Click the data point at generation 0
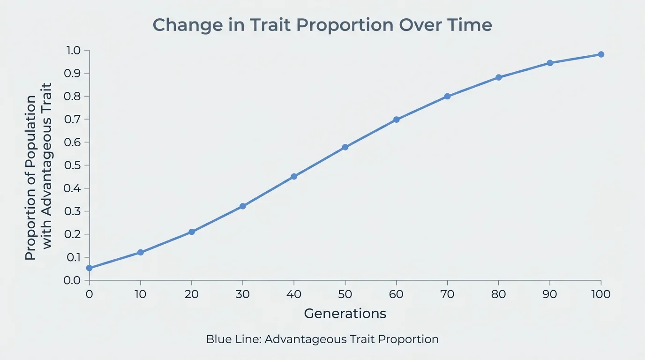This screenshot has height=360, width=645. tap(89, 268)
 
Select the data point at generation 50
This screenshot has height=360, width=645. tap(345, 147)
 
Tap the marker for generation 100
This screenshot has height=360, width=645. tap(601, 54)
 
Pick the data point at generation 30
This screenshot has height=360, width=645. tap(243, 206)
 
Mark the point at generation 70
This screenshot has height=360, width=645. tap(447, 96)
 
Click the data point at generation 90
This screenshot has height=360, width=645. tap(550, 63)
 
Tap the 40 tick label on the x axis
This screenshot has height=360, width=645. tap(294, 294)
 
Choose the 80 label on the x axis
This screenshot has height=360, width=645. tap(498, 294)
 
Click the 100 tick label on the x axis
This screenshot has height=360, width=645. tap(600, 294)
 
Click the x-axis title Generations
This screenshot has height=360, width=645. tap(345, 313)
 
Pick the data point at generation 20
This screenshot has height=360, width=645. tap(192, 232)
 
